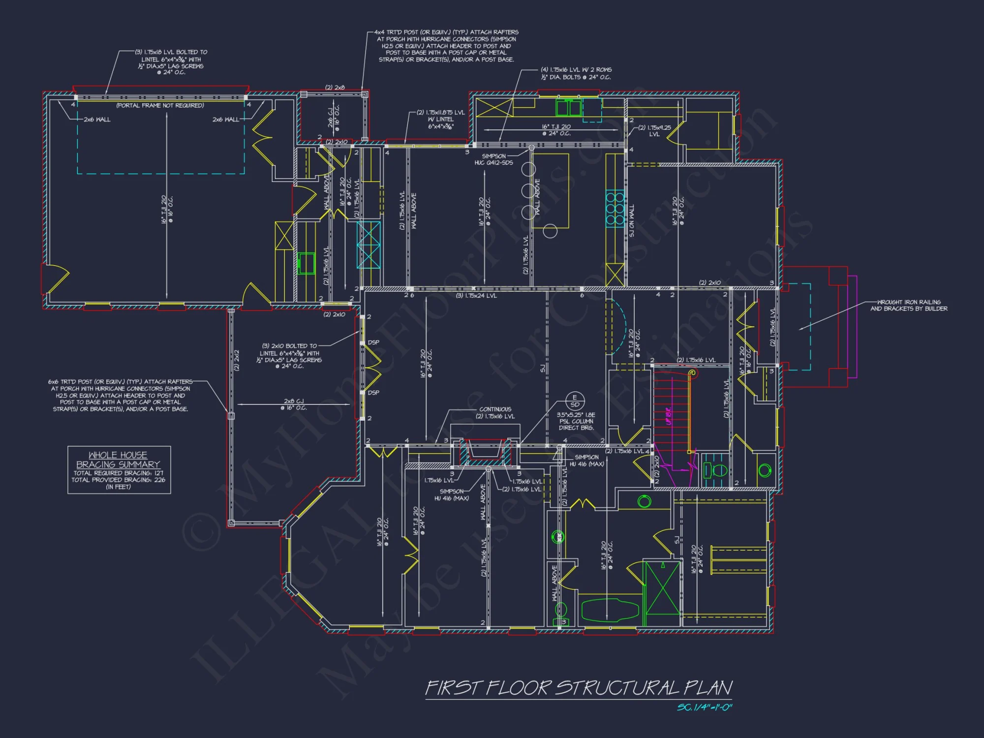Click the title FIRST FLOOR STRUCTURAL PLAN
pyautogui.click(x=579, y=688)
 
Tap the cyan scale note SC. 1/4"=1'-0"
pyautogui.click(x=705, y=707)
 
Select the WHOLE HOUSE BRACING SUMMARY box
pyautogui.click(x=119, y=469)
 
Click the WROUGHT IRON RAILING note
pyautogui.click(x=909, y=306)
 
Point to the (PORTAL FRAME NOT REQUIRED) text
pyautogui.click(x=160, y=105)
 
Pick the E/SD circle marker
pyautogui.click(x=575, y=400)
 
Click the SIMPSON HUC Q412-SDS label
pyautogui.click(x=493, y=159)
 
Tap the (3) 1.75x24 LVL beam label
pyautogui.click(x=476, y=296)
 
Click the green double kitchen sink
pyautogui.click(x=568, y=107)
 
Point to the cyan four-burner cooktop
pyautogui.click(x=615, y=209)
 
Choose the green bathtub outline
pyautogui.click(x=610, y=610)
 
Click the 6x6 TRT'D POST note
pyautogui.click(x=121, y=395)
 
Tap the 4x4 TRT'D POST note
pyautogui.click(x=447, y=46)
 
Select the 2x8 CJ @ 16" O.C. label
pyautogui.click(x=294, y=404)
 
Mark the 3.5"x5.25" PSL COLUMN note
pyautogui.click(x=576, y=421)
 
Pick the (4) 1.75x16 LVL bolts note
pyautogui.click(x=576, y=73)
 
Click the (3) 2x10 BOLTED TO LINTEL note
pyautogui.click(x=289, y=356)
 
